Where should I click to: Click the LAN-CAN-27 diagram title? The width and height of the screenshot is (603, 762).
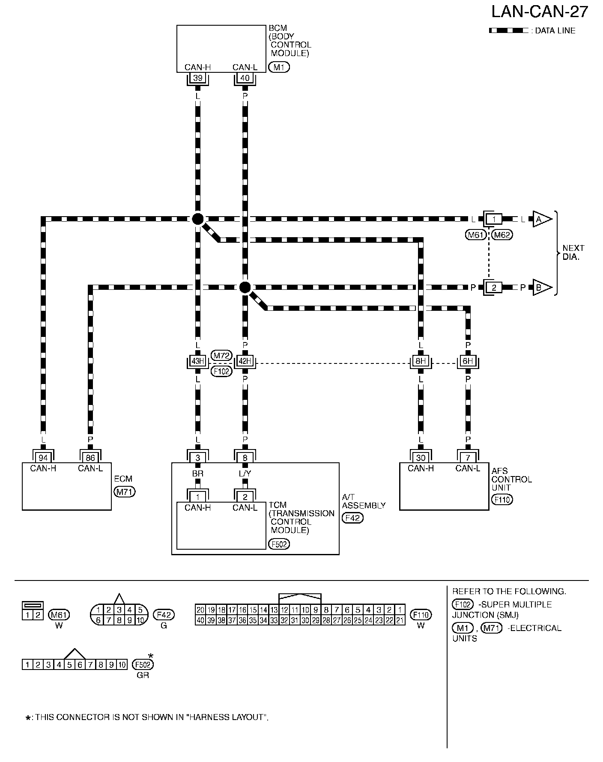540,12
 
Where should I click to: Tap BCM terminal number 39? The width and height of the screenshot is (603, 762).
197,78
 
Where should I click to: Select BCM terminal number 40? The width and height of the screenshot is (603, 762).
245,78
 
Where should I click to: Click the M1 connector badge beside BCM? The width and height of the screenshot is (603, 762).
279,67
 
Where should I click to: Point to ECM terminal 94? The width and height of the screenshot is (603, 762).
43,458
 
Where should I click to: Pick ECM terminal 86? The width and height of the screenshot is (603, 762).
90,458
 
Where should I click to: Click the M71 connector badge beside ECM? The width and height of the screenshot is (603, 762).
124,492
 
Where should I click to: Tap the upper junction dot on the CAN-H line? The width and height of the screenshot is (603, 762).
197,219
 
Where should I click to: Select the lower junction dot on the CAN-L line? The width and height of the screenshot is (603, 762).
245,287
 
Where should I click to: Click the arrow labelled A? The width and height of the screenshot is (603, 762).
541,219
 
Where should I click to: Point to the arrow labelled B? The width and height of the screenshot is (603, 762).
541,288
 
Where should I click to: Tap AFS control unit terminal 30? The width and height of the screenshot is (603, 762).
421,458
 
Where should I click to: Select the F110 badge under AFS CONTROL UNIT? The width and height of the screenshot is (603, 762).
502,500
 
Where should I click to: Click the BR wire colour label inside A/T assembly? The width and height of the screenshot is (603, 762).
197,474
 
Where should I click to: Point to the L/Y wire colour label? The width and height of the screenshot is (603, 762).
245,474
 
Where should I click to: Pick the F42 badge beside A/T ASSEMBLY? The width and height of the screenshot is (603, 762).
352,518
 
